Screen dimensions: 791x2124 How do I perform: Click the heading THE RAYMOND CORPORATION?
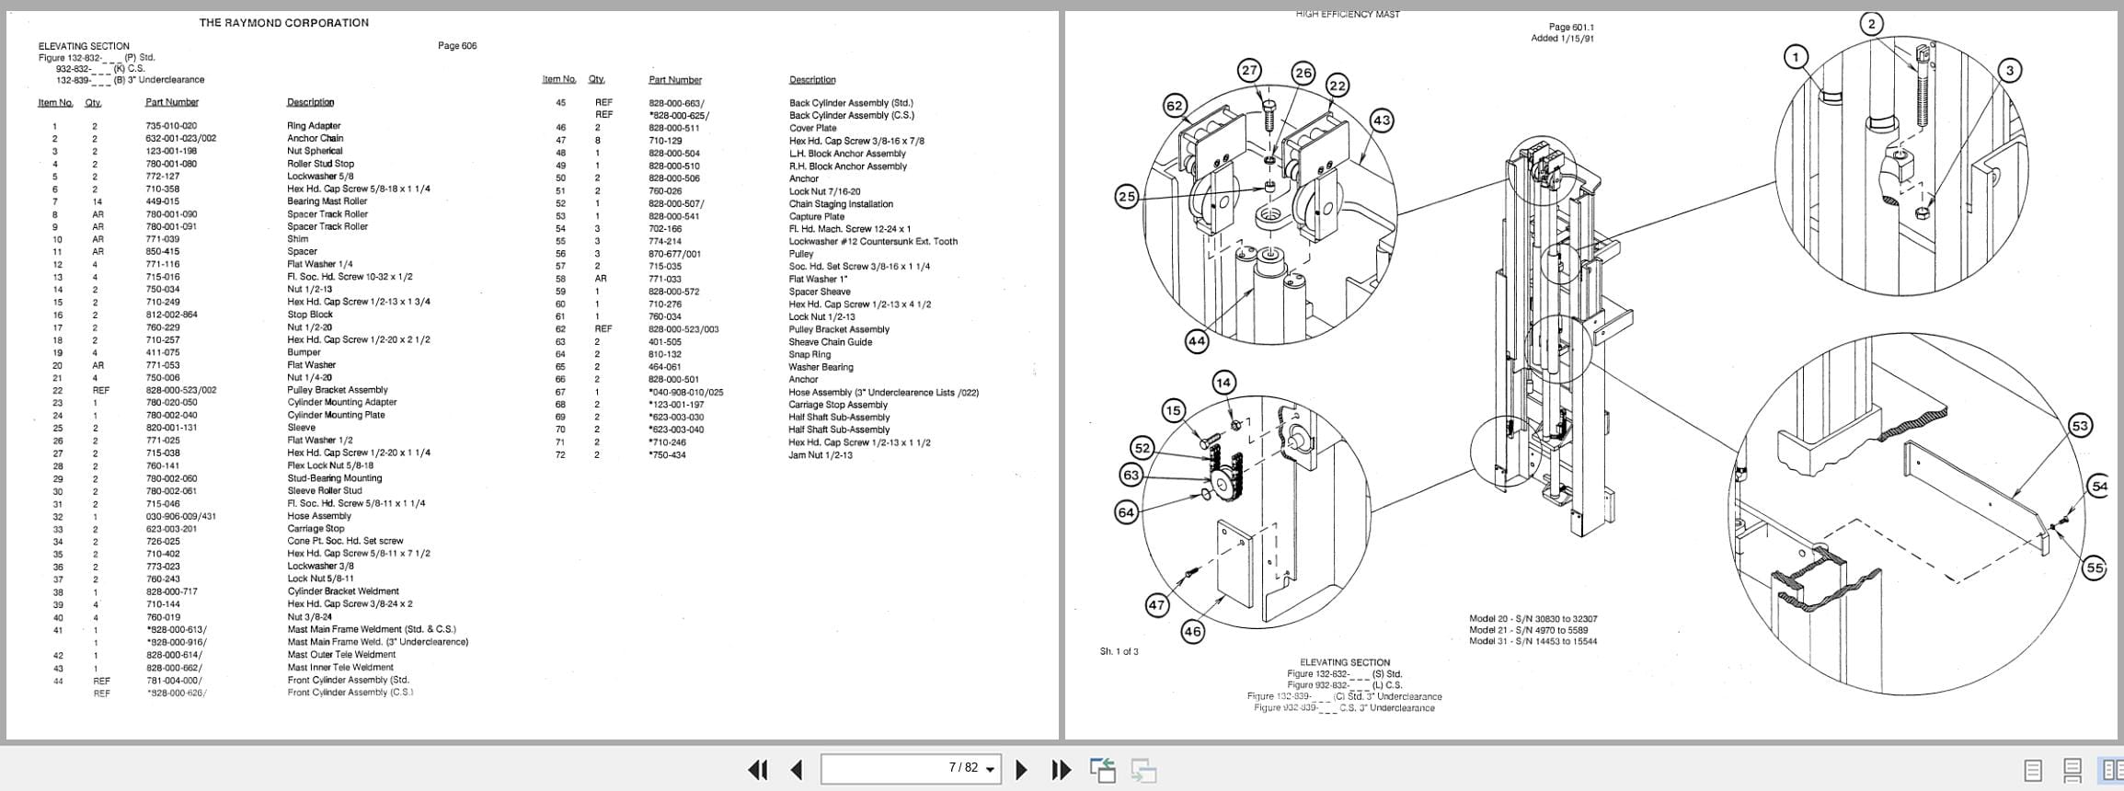(283, 23)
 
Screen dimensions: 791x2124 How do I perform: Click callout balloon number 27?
(1249, 71)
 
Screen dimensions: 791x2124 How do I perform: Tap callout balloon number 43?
(1382, 120)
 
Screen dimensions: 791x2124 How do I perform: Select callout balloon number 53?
(2080, 426)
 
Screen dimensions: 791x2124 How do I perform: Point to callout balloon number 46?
(1192, 632)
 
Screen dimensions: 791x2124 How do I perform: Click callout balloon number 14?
(1223, 383)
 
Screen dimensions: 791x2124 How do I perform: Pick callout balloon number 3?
(2010, 71)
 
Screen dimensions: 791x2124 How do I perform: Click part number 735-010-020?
(171, 126)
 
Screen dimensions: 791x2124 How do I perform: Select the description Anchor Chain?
(315, 139)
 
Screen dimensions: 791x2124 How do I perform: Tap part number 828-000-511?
(674, 129)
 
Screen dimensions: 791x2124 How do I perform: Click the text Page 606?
(457, 46)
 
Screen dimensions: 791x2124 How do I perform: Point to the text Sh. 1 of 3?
(1119, 652)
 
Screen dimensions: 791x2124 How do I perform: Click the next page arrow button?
(1020, 770)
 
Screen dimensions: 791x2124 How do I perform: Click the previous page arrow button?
(798, 770)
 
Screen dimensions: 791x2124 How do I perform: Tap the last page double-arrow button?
(1061, 770)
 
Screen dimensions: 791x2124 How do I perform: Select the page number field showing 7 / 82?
(911, 769)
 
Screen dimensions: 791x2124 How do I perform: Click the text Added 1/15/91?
(1563, 39)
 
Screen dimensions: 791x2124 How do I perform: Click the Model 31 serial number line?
(1533, 642)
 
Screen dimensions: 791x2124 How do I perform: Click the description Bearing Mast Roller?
(327, 201)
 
